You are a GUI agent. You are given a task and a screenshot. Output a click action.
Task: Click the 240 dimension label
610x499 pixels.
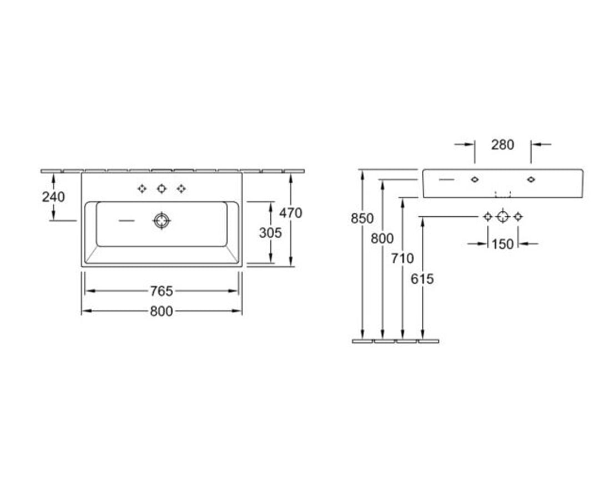coord(53,197)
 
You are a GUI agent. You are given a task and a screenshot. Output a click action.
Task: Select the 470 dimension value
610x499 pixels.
coord(291,213)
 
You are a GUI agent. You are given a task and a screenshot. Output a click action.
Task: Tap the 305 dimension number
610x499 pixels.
coord(270,233)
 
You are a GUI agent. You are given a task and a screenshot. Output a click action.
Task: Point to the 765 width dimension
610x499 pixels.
coord(162,291)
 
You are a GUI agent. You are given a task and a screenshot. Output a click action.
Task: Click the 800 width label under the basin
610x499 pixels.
coord(162,311)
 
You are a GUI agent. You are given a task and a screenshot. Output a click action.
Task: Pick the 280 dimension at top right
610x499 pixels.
coord(503,145)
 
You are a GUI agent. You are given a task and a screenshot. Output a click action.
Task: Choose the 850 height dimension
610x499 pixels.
coord(362,218)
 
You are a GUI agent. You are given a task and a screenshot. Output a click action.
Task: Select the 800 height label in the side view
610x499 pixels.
coord(382,238)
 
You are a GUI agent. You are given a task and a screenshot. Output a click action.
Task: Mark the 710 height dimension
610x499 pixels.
coord(402,258)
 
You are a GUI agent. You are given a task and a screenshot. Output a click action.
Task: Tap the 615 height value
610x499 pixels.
coord(422,279)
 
